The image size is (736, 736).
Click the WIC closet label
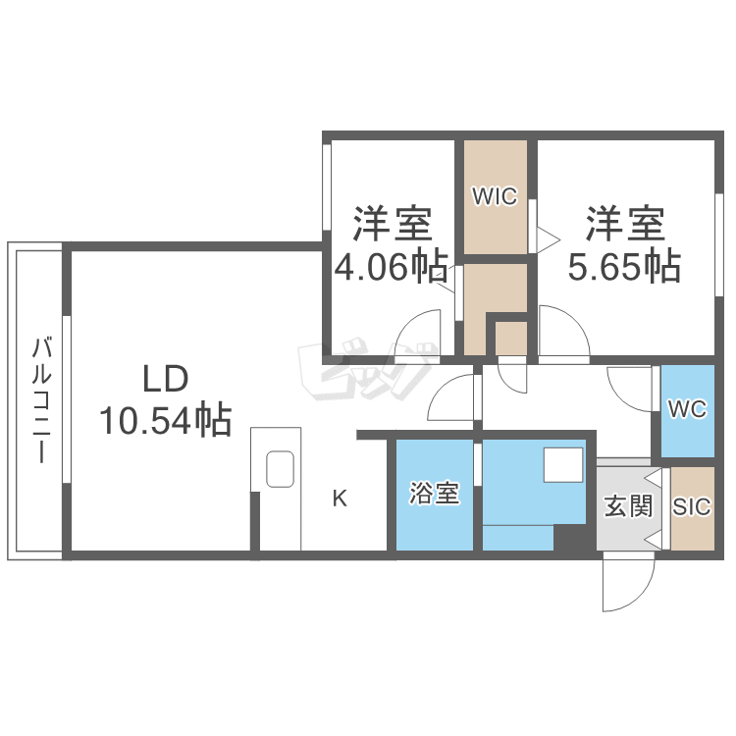click(x=495, y=196)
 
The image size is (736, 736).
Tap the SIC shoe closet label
click(x=692, y=507)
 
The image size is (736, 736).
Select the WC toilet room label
click(x=688, y=409)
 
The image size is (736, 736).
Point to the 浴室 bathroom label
click(x=434, y=493)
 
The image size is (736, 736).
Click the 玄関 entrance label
click(x=628, y=506)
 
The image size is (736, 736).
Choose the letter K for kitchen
click(x=340, y=499)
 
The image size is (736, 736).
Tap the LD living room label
click(x=166, y=379)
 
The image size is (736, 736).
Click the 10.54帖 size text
click(x=165, y=419)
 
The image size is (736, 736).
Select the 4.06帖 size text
click(x=391, y=266)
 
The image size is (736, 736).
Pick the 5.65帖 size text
click(x=624, y=266)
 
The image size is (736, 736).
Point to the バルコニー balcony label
click(x=42, y=399)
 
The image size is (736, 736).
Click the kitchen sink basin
click(x=281, y=469)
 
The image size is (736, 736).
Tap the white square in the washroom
click(x=563, y=465)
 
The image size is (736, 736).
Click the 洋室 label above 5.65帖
click(x=625, y=223)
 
